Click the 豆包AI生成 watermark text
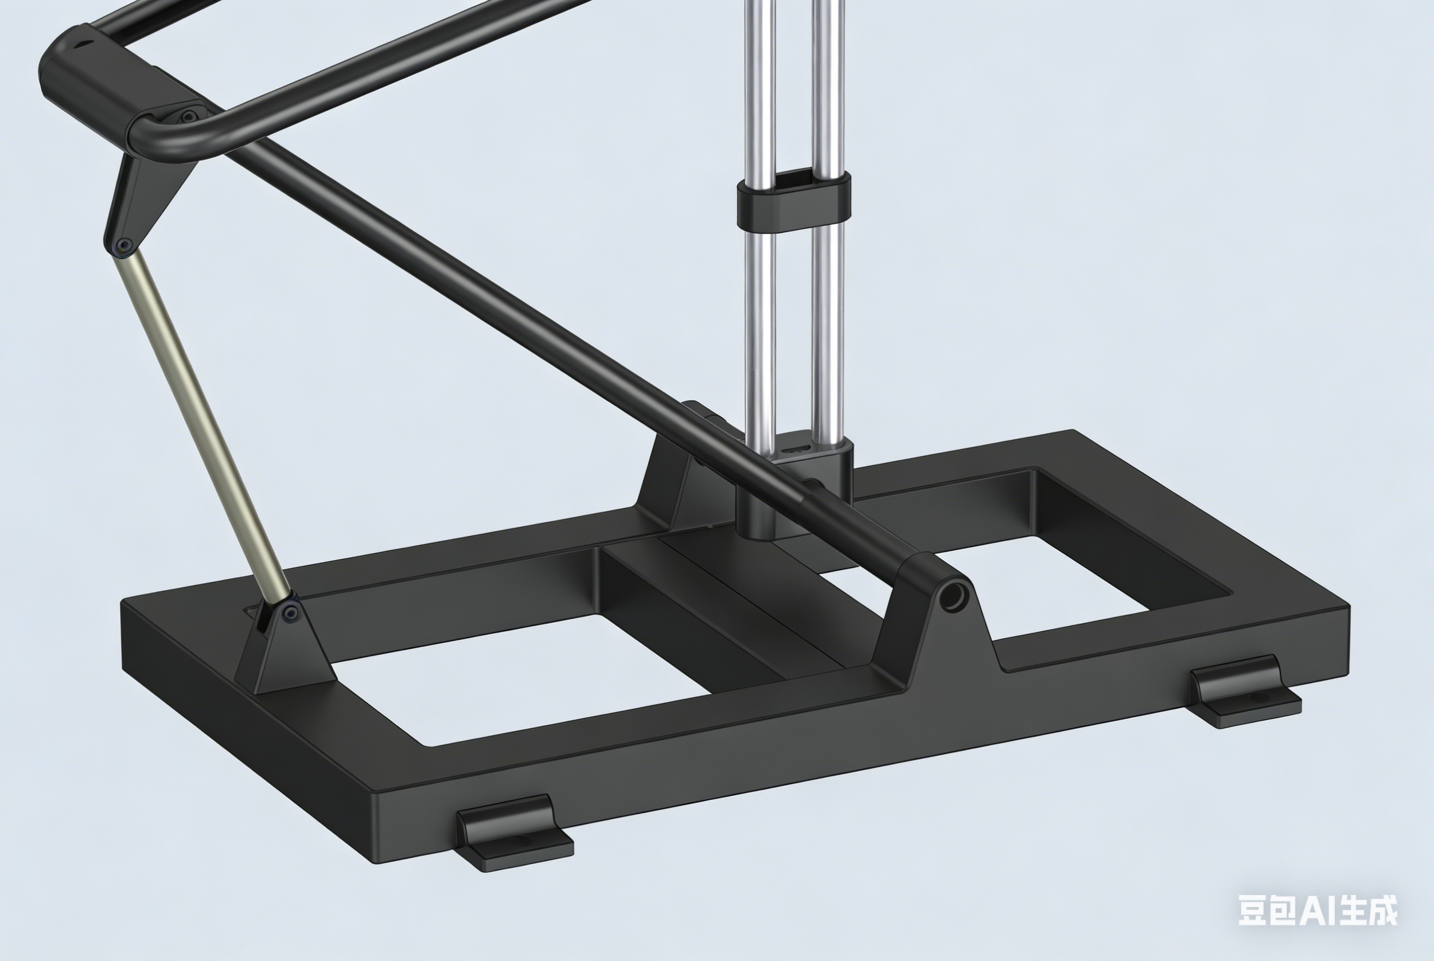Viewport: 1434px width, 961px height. coord(1318,910)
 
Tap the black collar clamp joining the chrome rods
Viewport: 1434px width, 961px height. coord(793,202)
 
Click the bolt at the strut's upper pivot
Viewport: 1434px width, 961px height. coord(124,246)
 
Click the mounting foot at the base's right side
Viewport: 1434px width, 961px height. coord(1245,692)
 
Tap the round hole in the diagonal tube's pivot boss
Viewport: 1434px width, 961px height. coord(952,596)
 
